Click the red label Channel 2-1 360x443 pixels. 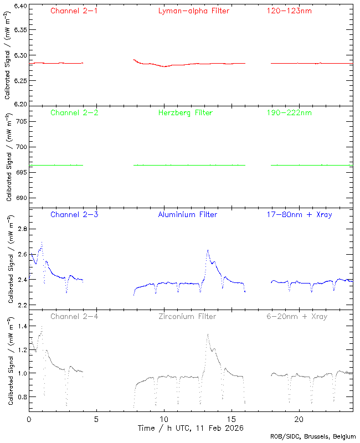pos(74,11)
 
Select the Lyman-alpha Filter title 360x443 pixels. pos(193,11)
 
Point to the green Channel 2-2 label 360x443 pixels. pos(74,113)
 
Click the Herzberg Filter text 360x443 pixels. pos(185,113)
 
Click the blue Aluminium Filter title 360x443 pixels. pos(187,214)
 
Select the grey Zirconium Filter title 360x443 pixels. pos(187,317)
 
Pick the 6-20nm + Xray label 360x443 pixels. pos(296,317)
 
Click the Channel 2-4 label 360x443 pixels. pos(74,317)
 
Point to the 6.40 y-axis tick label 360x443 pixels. pos(19,6)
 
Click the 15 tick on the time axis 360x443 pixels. pos(232,420)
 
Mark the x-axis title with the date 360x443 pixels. pos(191,428)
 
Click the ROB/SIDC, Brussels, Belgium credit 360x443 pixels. pos(313,437)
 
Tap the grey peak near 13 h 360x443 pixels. pos(207,334)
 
